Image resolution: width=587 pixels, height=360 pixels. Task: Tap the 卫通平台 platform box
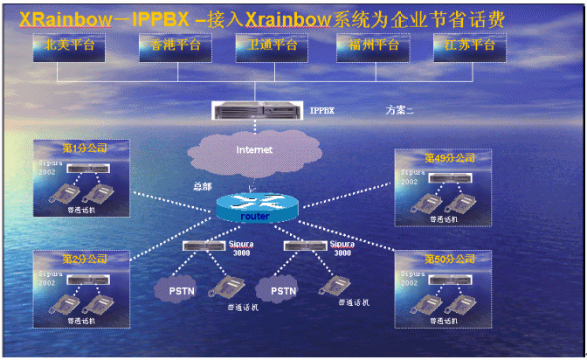tap(272, 47)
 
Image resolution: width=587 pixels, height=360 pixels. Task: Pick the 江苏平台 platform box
tap(470, 47)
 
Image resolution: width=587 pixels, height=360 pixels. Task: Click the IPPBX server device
tap(259, 111)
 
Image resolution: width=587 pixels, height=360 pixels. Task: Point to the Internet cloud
tap(254, 150)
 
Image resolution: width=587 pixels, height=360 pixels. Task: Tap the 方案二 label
tap(400, 111)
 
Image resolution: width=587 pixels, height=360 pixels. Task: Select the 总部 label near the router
tap(202, 185)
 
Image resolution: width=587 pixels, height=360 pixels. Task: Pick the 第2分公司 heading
tap(84, 260)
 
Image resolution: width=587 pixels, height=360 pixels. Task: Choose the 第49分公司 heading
tap(449, 158)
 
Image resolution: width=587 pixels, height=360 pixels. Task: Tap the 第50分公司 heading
tap(449, 260)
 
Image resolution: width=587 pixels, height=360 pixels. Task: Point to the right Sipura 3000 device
tap(307, 245)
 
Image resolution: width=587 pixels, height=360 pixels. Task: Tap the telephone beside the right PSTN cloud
tap(333, 284)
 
